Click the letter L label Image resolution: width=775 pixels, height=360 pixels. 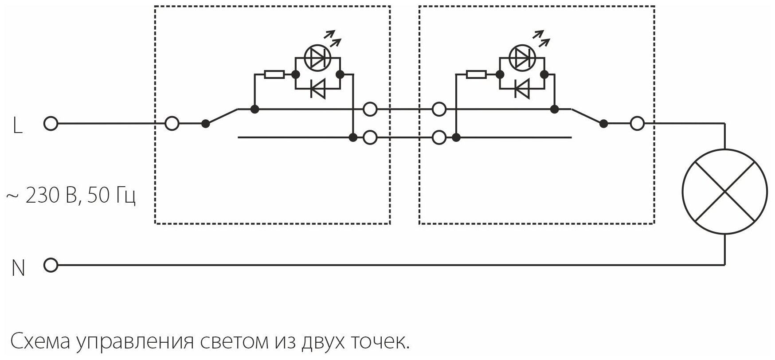coord(17,126)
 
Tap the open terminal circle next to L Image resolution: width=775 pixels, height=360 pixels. coord(51,124)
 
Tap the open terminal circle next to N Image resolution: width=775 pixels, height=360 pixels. coord(51,266)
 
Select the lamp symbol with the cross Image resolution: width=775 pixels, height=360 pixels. coord(724,192)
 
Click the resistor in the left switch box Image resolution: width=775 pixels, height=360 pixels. coord(274,74)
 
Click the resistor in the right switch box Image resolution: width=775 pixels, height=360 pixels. coord(476,74)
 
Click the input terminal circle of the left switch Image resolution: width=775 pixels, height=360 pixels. coord(172,124)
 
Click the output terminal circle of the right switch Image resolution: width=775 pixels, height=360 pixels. coord(637,124)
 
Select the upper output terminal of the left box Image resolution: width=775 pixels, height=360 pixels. coord(370,109)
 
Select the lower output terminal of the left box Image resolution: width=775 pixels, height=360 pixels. coord(370,138)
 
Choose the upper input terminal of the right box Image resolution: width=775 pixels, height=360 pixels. coord(439,109)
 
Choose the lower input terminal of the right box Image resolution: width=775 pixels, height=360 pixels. coord(439,138)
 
